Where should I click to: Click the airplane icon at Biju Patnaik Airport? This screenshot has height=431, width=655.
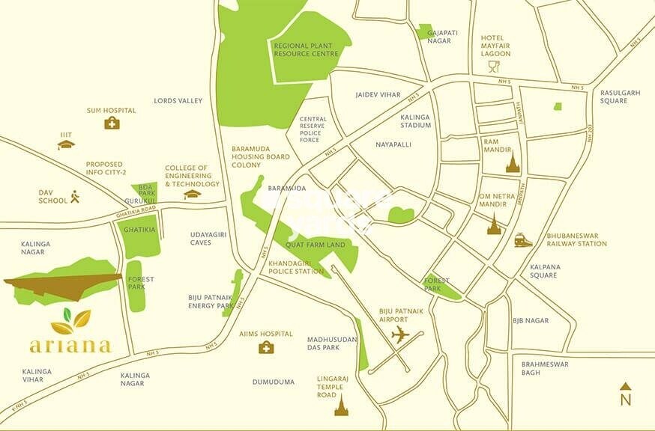[400, 334]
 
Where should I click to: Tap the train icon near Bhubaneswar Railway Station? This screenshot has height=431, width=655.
[523, 239]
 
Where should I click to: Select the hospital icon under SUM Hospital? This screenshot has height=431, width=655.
[112, 123]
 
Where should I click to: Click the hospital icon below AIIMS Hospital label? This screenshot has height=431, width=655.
[266, 347]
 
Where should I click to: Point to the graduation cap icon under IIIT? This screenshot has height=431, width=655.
[67, 145]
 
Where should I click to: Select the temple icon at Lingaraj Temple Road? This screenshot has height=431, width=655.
[342, 405]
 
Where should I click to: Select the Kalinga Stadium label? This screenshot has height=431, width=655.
[416, 120]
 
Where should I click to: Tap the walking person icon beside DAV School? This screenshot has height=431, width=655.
[74, 197]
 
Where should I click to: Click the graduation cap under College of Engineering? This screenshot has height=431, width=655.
[193, 194]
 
